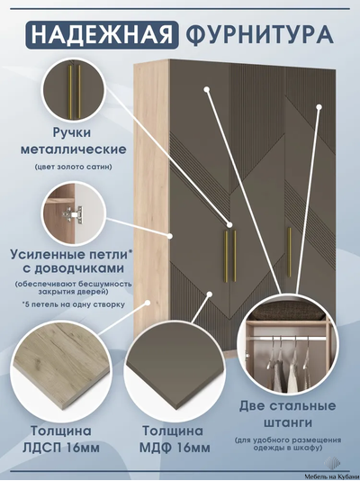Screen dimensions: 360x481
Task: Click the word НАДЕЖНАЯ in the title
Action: click(102, 34)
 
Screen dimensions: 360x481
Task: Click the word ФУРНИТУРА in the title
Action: click(259, 34)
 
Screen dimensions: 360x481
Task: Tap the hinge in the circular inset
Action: click(73, 213)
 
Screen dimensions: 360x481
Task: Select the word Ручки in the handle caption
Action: click(72, 132)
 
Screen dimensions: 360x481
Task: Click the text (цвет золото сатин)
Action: click(73, 168)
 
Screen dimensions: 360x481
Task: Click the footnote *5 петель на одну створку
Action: click(74, 304)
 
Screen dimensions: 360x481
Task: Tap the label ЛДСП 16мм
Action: click(61, 448)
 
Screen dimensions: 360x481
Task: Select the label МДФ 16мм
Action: click(175, 448)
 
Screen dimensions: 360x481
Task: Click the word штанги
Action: click(288, 423)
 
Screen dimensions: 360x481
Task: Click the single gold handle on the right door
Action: click(289, 251)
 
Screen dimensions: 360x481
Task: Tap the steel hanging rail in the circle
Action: click(287, 338)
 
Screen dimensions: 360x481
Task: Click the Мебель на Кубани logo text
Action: click(328, 476)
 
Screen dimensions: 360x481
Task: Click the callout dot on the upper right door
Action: click(319, 107)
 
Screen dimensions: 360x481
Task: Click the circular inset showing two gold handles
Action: click(74, 90)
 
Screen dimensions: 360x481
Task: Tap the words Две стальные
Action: click(287, 406)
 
